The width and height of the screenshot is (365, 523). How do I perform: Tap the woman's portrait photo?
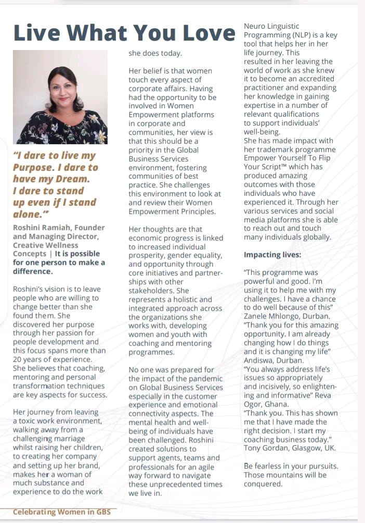[x=60, y=97]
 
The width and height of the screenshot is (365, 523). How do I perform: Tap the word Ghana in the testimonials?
[x=280, y=403]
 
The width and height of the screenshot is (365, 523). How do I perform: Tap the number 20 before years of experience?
[x=18, y=360]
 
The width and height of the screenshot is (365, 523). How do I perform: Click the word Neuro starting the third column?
[x=256, y=26]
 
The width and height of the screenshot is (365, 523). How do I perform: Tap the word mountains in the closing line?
[x=290, y=475]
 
